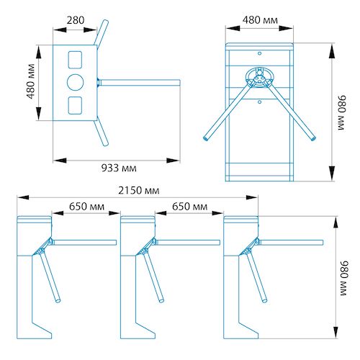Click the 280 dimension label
point(76,20)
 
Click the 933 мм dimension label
point(119,168)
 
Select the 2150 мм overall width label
point(139,191)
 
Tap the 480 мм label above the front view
point(260,20)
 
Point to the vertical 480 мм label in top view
point(31,81)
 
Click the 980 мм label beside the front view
point(342,112)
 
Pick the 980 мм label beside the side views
point(344,278)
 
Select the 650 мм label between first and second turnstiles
point(86,207)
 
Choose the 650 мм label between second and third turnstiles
point(190,207)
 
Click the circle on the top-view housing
point(76,82)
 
